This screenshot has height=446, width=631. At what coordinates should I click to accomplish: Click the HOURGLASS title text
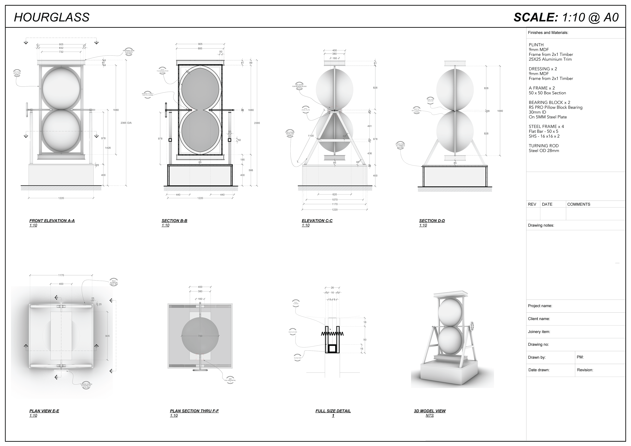click(x=52, y=17)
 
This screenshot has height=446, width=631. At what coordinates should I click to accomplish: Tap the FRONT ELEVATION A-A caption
click(x=52, y=221)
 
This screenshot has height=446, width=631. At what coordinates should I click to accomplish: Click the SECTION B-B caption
click(x=174, y=221)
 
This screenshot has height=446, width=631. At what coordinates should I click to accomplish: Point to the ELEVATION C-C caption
click(x=317, y=221)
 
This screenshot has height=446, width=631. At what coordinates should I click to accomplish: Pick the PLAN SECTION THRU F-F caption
click(x=194, y=411)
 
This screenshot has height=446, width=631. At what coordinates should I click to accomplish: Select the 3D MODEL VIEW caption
click(x=430, y=411)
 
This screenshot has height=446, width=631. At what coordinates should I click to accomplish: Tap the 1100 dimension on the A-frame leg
click(x=311, y=136)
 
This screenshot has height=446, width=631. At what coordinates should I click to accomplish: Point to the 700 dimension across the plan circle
click(x=200, y=336)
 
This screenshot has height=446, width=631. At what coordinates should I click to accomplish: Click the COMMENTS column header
click(x=579, y=204)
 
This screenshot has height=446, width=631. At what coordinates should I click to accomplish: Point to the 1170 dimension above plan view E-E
click(x=61, y=275)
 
